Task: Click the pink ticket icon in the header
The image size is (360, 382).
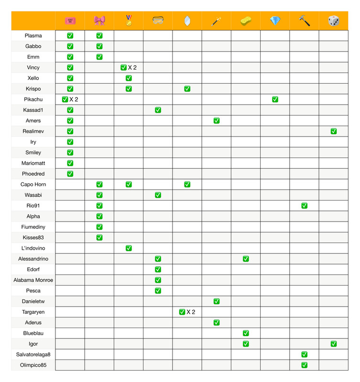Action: pyautogui.click(x=70, y=21)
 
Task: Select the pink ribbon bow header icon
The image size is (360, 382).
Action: pyautogui.click(x=99, y=21)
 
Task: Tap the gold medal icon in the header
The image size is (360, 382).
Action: pyautogui.click(x=129, y=21)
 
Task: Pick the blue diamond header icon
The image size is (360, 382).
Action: pyautogui.click(x=275, y=21)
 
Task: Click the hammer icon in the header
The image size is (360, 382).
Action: pyautogui.click(x=304, y=21)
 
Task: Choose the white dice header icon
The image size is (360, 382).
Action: pyautogui.click(x=334, y=21)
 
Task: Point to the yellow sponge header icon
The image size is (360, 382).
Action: pyautogui.click(x=246, y=21)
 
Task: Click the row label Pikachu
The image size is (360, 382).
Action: pyautogui.click(x=33, y=99)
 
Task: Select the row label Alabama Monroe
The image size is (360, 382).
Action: pyautogui.click(x=33, y=280)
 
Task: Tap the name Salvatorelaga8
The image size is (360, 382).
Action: pyautogui.click(x=33, y=354)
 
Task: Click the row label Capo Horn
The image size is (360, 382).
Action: pyautogui.click(x=33, y=184)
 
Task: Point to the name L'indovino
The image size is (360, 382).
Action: pyautogui.click(x=33, y=248)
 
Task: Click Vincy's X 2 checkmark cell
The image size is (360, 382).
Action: pyautogui.click(x=129, y=68)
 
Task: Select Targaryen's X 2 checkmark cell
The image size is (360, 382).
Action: pyautogui.click(x=187, y=312)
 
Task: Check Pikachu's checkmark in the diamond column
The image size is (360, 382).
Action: pyautogui.click(x=275, y=99)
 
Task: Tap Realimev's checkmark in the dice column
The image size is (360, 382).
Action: pyautogui.click(x=334, y=131)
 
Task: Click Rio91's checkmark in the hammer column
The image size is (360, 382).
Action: pyautogui.click(x=304, y=206)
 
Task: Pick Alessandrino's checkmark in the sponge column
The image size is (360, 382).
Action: pyautogui.click(x=246, y=259)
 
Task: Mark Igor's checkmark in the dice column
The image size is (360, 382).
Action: pyautogui.click(x=334, y=344)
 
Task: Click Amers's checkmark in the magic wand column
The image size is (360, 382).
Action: pyautogui.click(x=217, y=121)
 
